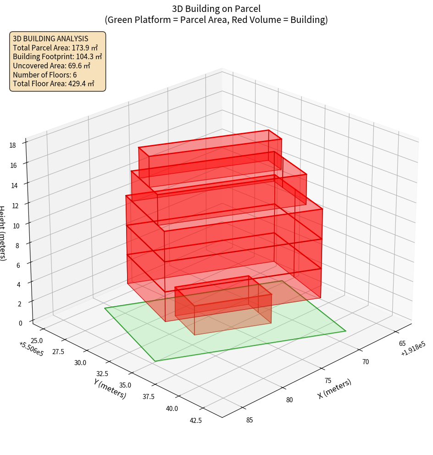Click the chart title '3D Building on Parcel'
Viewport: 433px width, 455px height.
click(x=216, y=8)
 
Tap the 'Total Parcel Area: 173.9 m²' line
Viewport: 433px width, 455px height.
click(x=56, y=48)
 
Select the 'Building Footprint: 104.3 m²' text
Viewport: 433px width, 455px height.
click(x=57, y=57)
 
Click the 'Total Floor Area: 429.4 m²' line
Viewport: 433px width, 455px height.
click(x=54, y=84)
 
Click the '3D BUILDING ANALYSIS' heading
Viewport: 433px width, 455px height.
click(x=50, y=39)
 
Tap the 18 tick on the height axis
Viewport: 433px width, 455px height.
click(x=12, y=145)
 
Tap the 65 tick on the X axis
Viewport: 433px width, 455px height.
click(x=402, y=344)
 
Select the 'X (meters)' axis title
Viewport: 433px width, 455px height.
click(x=334, y=389)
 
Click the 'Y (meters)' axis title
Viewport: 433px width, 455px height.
click(x=110, y=388)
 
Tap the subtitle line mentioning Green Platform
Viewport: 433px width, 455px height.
click(x=216, y=20)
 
